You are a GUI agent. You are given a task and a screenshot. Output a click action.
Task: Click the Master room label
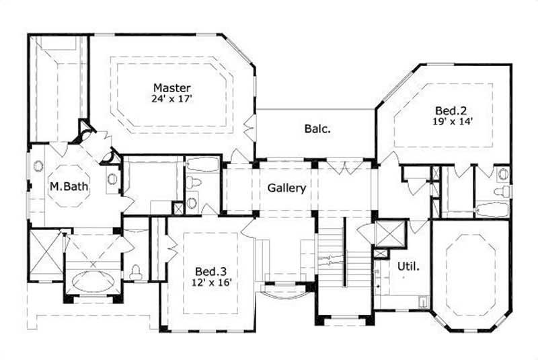tap(172, 87)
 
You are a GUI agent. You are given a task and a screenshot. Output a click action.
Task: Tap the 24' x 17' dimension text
tap(172, 99)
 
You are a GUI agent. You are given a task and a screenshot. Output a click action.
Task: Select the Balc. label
tap(317, 128)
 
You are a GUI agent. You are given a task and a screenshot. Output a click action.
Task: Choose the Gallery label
tap(287, 188)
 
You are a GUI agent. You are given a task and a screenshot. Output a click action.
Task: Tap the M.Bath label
tap(67, 186)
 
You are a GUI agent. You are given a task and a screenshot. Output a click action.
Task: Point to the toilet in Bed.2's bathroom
tap(502, 192)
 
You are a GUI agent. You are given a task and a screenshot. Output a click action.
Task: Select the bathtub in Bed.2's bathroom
tap(494, 210)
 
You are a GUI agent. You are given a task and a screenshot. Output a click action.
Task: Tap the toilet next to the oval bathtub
tap(136, 271)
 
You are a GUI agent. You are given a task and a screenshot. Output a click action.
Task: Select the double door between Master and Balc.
tap(251, 128)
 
